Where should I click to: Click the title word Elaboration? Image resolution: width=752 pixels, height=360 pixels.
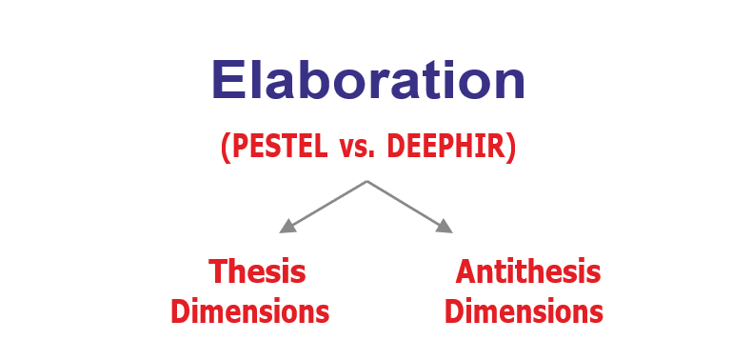pos(367,80)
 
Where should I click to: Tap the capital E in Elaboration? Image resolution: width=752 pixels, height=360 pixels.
pos(227,79)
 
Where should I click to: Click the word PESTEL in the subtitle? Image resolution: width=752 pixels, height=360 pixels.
pos(280,146)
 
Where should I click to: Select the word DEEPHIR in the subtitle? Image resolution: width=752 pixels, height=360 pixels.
pos(446,146)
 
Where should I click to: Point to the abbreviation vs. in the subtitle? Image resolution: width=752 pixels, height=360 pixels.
pos(357,148)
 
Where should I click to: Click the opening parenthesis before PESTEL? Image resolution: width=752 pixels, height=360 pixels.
pos(226,148)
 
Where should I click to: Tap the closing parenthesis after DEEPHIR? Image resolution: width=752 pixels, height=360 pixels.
pos(511,148)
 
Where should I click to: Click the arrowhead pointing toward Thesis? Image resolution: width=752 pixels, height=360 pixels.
pos(287,226)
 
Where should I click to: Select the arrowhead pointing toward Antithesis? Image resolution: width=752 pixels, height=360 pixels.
pos(445,226)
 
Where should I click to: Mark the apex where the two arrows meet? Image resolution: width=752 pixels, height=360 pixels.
pos(366,181)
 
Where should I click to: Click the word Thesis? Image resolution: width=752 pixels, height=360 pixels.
pos(257,271)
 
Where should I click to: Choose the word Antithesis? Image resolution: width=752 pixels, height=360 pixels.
pos(528,271)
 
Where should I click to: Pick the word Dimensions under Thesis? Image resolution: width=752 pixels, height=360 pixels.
pos(249,311)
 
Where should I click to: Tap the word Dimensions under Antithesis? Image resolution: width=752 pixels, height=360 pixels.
pos(524,311)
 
